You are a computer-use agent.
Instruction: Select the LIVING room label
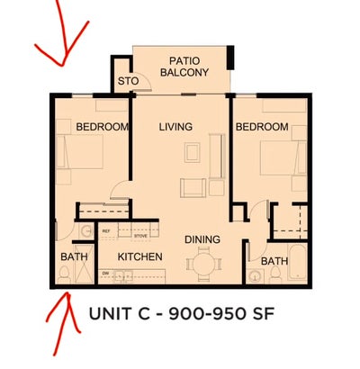(175, 127)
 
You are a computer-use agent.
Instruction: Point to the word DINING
(203, 239)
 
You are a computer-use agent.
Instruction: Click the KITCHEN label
(140, 257)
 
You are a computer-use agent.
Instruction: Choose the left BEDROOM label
(102, 127)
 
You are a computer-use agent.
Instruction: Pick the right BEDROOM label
(262, 127)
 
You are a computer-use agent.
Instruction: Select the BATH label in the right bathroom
(274, 262)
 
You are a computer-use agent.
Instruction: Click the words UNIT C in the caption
(121, 314)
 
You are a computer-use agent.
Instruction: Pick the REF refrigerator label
(106, 231)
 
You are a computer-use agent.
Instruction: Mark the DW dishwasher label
(105, 272)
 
